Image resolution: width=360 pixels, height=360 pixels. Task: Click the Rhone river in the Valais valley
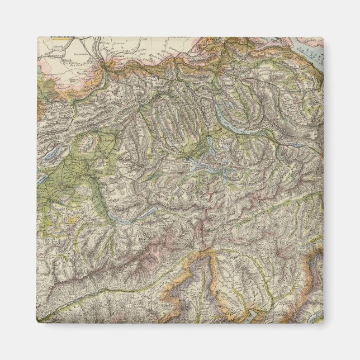[x=106, y=280]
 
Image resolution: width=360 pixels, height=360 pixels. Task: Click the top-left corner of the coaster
[x=38, y=37]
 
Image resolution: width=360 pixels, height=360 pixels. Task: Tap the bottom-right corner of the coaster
[x=323, y=323]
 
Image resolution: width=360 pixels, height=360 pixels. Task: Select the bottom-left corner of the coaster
[x=38, y=323]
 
